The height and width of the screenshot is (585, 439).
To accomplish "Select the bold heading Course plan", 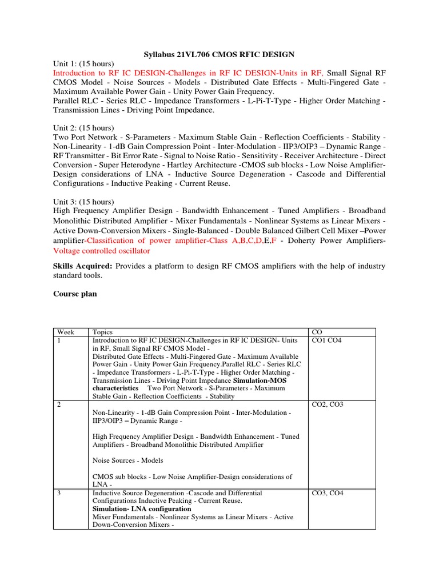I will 75,294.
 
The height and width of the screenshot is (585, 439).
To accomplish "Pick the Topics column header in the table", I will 102,332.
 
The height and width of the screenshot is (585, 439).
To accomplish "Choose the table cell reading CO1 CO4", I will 326,340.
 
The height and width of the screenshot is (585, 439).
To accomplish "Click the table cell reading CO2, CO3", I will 328,404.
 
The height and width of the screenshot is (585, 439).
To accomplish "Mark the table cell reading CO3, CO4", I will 328,493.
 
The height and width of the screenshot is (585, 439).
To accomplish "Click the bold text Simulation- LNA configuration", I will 142,509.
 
